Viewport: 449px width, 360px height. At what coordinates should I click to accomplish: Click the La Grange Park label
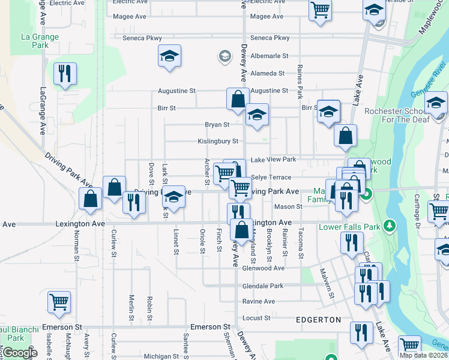pos(40,41)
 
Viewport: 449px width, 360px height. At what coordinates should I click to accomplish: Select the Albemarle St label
pos(270,56)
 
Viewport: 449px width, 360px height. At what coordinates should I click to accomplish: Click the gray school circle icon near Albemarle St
pos(225,56)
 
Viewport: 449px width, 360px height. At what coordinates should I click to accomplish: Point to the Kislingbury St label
pos(218,142)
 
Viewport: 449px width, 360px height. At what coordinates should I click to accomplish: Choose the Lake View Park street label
pos(273,160)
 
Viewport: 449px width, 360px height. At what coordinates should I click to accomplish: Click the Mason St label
pos(288,207)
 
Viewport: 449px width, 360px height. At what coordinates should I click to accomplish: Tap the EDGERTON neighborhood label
pos(318,320)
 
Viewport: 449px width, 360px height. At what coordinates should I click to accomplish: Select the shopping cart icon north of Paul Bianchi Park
pos(59,302)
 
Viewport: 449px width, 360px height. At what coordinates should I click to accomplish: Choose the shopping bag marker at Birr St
pos(238,98)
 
